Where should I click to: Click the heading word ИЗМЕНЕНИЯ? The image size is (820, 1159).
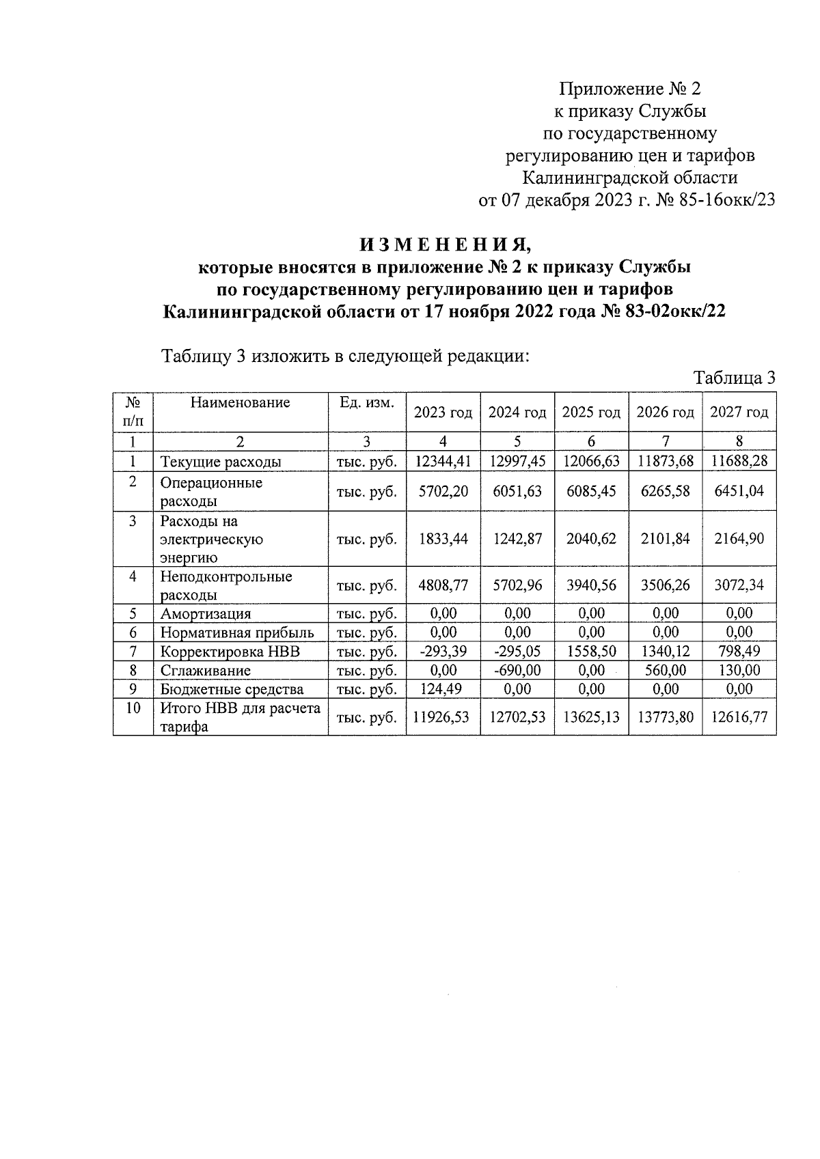(445, 244)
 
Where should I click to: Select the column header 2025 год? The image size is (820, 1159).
(591, 413)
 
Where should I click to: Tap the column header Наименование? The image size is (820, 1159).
(240, 402)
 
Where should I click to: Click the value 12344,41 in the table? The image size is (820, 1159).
(443, 461)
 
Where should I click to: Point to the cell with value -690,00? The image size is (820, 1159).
(517, 671)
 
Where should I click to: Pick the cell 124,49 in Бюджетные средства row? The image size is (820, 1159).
(443, 689)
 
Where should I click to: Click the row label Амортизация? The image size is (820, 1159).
(206, 614)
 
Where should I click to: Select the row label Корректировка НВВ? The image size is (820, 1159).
(230, 652)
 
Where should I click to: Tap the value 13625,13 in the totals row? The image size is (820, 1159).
(591, 717)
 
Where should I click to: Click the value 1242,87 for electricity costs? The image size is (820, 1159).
(517, 539)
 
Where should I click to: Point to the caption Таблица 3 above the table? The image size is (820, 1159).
(735, 378)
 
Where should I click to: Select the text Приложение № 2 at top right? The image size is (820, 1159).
(630, 89)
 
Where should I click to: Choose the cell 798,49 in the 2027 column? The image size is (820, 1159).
(739, 652)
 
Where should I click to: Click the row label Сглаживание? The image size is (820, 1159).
(206, 671)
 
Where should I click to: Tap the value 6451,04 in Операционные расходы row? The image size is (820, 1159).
(739, 491)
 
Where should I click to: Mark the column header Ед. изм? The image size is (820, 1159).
(367, 402)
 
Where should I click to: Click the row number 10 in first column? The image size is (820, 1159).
(133, 708)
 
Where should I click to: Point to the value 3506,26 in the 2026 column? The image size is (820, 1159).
(665, 585)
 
